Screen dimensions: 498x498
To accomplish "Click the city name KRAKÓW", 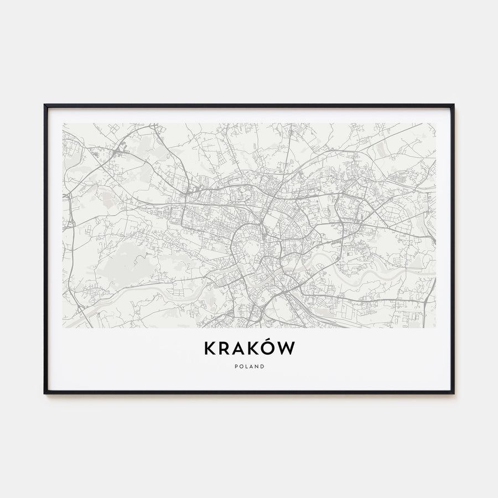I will (249, 348).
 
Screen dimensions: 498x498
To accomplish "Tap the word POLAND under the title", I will (249, 366).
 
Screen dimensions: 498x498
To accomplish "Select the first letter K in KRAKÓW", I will (210, 349).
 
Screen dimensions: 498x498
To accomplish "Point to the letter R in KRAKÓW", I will (224, 349).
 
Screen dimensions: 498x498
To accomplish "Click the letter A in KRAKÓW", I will (238, 349).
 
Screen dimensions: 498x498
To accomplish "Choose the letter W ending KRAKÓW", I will (287, 349).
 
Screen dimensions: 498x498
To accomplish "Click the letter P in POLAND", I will (236, 366).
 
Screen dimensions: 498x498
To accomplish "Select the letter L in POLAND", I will (246, 366).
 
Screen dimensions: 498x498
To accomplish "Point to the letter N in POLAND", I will (257, 366).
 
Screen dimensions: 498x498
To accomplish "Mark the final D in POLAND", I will (262, 366).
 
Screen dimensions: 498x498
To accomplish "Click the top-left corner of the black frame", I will (45, 105).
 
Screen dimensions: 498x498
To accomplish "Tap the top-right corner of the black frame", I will (453, 105).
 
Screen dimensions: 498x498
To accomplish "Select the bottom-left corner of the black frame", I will (45, 393).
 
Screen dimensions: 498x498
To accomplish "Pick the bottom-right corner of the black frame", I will (453, 393).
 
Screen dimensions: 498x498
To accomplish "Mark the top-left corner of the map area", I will (63, 123).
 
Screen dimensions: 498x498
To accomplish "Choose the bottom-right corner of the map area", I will (435, 328).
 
